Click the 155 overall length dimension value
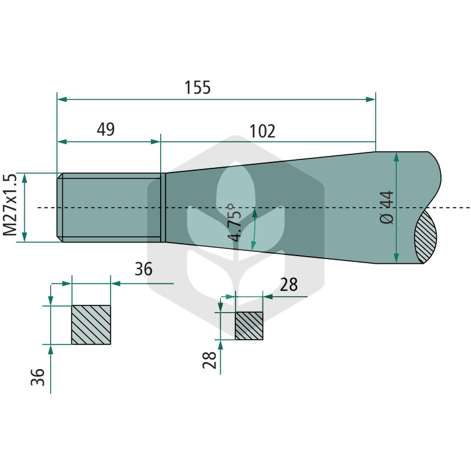(x=197, y=87)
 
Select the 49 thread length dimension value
(x=106, y=129)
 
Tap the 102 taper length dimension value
(x=262, y=131)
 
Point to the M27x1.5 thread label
(x=9, y=204)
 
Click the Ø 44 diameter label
(x=387, y=207)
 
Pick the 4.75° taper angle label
(x=234, y=223)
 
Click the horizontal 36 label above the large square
(x=144, y=269)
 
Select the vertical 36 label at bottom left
(x=38, y=377)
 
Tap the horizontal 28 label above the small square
(x=288, y=284)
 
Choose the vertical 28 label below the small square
(x=210, y=360)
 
